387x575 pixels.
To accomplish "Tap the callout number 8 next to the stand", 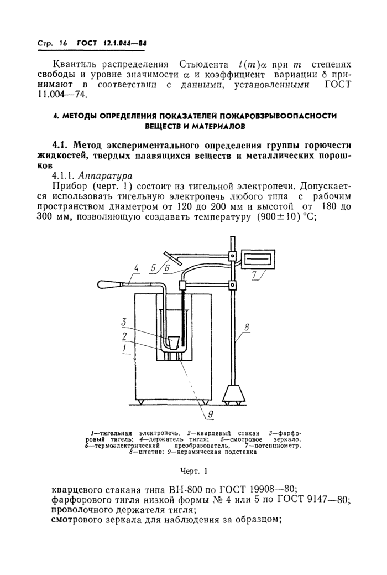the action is pos(246,328).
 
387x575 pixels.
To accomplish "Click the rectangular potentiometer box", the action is pos(258,258).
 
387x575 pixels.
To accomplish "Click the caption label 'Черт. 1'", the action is pos(193,472).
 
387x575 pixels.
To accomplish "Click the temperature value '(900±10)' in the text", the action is pos(265,216).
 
